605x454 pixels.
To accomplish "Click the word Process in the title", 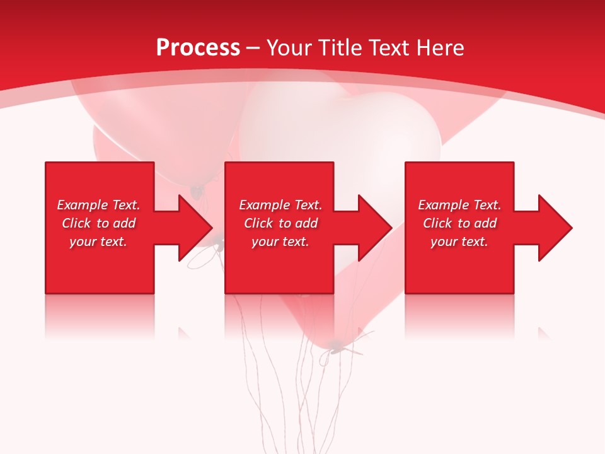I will [198, 48].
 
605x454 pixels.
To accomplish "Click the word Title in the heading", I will [338, 48].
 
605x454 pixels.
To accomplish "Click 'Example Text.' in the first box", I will [98, 205].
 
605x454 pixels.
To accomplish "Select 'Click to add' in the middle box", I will [280, 223].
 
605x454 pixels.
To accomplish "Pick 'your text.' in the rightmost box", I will [459, 242].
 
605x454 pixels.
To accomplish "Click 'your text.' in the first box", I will [98, 242].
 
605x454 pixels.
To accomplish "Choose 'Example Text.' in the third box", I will [459, 205].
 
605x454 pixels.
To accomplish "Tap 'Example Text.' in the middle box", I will [280, 205].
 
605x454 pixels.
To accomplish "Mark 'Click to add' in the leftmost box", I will [98, 223].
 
